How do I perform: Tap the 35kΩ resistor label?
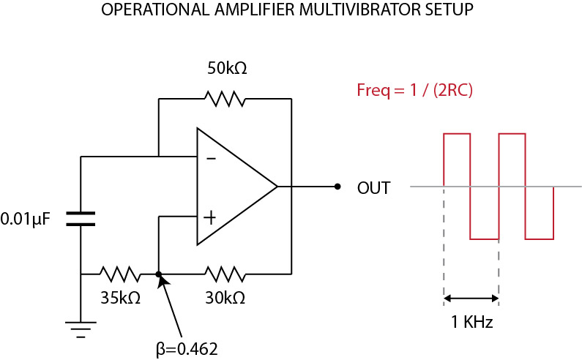pyautogui.click(x=120, y=298)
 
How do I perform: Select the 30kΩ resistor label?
pyautogui.click(x=225, y=298)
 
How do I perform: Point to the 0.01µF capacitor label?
pyautogui.click(x=26, y=218)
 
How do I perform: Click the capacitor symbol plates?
pyautogui.click(x=81, y=218)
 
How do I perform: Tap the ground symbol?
pyautogui.click(x=81, y=328)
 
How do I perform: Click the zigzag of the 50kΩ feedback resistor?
pyautogui.click(x=225, y=97)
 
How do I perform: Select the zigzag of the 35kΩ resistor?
pyautogui.click(x=121, y=274)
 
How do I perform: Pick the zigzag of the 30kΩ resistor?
pyautogui.click(x=225, y=274)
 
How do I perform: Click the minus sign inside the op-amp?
pyautogui.click(x=211, y=158)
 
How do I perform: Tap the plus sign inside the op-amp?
pyautogui.click(x=211, y=217)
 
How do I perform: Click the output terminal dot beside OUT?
pyautogui.click(x=337, y=187)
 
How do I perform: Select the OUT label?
pyautogui.click(x=373, y=187)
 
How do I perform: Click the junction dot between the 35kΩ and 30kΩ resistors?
pyautogui.click(x=159, y=274)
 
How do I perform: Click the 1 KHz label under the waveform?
pyautogui.click(x=471, y=322)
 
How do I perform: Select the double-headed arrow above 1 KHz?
pyautogui.click(x=471, y=299)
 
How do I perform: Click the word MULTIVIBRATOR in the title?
pyautogui.click(x=345, y=11)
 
